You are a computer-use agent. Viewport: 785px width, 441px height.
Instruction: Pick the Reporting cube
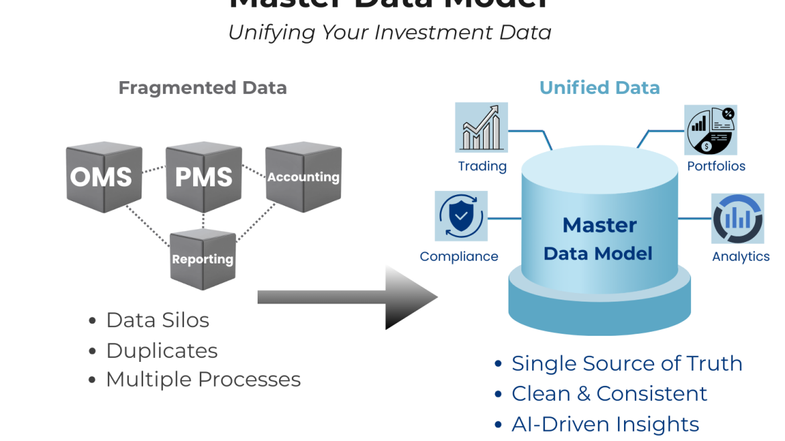(203, 259)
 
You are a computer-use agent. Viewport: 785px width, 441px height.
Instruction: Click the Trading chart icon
(481, 127)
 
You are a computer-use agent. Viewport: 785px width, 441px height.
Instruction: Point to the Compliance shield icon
(461, 216)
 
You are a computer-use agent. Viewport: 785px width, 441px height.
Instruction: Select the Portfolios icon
(711, 130)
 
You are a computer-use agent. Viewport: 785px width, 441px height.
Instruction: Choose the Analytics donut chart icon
(737, 219)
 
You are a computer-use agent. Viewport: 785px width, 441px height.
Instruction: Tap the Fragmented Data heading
(203, 88)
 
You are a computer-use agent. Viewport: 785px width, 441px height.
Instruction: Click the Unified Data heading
(600, 88)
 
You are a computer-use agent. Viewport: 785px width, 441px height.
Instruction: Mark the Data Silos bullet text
(157, 320)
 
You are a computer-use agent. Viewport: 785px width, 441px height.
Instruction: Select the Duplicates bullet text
(162, 351)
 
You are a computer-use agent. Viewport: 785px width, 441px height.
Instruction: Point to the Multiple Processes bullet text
(203, 379)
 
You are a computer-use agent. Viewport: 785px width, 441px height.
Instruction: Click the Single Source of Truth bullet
(627, 363)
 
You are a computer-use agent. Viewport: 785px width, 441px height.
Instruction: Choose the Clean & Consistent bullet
(609, 393)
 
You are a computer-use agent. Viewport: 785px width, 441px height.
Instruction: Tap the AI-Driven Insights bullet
(605, 424)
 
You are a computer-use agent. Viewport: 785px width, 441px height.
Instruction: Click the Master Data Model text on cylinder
(598, 239)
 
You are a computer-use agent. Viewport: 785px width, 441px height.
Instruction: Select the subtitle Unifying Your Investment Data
(390, 32)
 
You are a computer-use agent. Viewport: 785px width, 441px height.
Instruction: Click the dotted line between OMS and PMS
(154, 170)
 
